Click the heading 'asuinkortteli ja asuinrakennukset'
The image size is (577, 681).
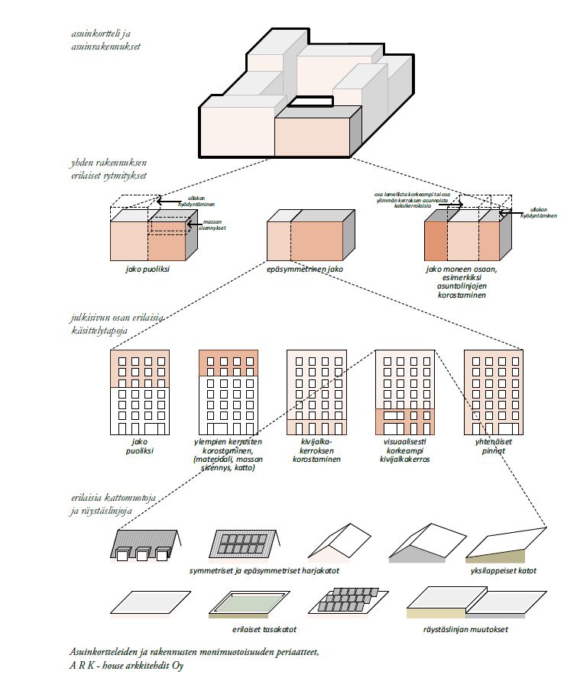(x=103, y=40)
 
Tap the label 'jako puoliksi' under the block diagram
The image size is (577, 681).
(x=147, y=269)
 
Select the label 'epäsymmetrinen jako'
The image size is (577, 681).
(x=304, y=269)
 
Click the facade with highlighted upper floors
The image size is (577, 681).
(x=228, y=392)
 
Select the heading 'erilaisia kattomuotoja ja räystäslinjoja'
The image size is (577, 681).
(x=113, y=504)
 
